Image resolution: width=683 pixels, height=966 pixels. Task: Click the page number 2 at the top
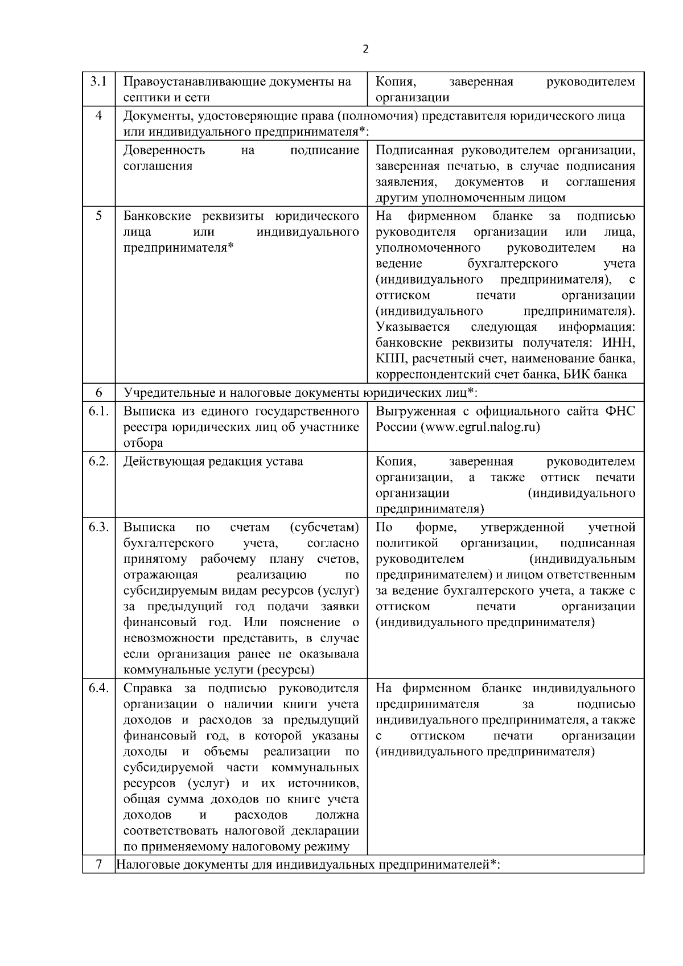point(365,49)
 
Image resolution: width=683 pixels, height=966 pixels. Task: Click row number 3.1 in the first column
point(98,82)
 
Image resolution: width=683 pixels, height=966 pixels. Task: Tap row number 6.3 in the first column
point(98,527)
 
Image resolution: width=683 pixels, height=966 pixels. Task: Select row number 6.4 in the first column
point(98,688)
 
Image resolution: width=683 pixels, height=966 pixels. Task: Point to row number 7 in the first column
point(98,865)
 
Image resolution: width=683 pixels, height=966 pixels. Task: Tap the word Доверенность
point(164,150)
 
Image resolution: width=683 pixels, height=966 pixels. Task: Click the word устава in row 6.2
point(285,461)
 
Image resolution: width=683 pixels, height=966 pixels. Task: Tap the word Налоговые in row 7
point(146,865)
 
